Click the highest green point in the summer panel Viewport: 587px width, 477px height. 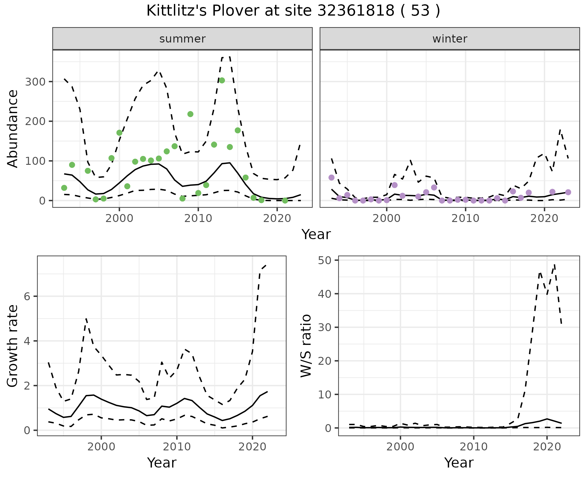click(x=222, y=80)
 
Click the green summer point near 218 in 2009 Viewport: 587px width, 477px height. click(x=190, y=114)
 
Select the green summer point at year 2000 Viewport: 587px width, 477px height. click(x=119, y=133)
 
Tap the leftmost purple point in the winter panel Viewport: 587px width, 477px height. click(x=331, y=178)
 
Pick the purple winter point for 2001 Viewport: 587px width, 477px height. click(x=394, y=185)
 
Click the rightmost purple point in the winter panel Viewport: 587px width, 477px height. click(x=568, y=192)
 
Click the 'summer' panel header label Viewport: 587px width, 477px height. click(x=183, y=39)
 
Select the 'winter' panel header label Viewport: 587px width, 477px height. click(x=450, y=39)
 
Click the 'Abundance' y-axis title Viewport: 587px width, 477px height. click(x=13, y=128)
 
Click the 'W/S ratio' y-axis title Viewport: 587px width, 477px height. click(x=306, y=346)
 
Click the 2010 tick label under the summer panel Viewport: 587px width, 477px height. click(x=198, y=218)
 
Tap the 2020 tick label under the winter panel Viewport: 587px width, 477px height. click(x=544, y=218)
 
